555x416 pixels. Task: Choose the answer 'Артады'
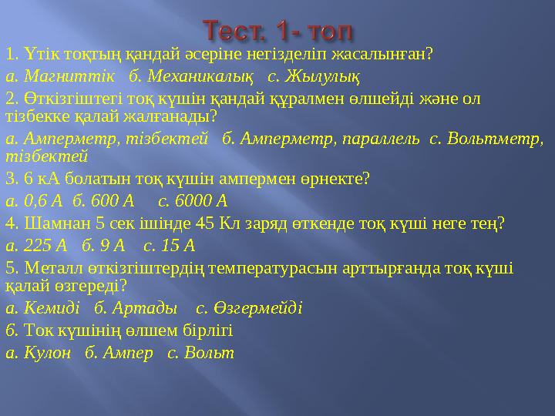pyautogui.click(x=145, y=308)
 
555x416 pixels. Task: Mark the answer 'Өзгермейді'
pyautogui.click(x=257, y=308)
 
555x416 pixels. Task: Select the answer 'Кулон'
pyautogui.click(x=47, y=353)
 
